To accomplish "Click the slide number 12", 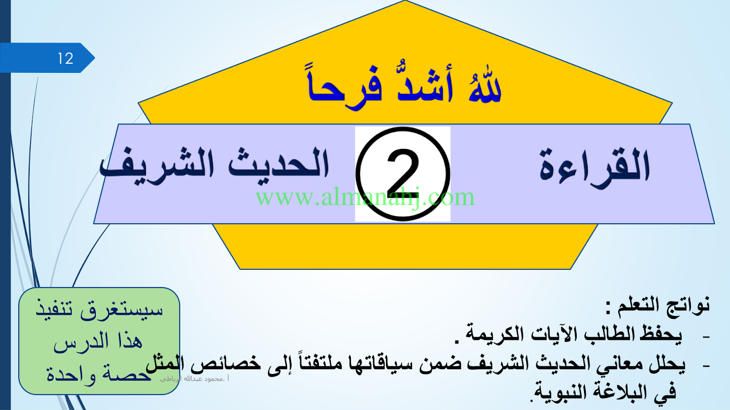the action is coord(66,59).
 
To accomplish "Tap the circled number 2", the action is coord(403,174).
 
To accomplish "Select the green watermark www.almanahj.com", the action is coord(365,197).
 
